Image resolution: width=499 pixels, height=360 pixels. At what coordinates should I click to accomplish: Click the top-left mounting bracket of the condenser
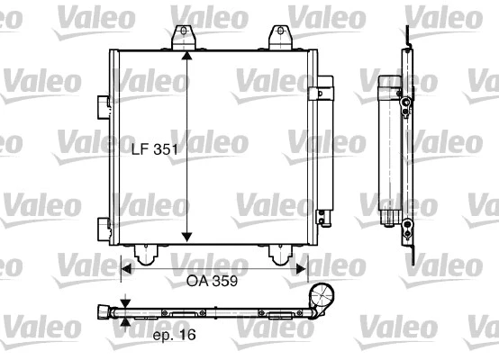pyautogui.click(x=186, y=35)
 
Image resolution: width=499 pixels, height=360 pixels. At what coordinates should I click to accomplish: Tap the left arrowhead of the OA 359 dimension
pyautogui.click(x=127, y=267)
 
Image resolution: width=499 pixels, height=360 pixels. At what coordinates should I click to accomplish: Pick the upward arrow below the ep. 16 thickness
pyautogui.click(x=125, y=324)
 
